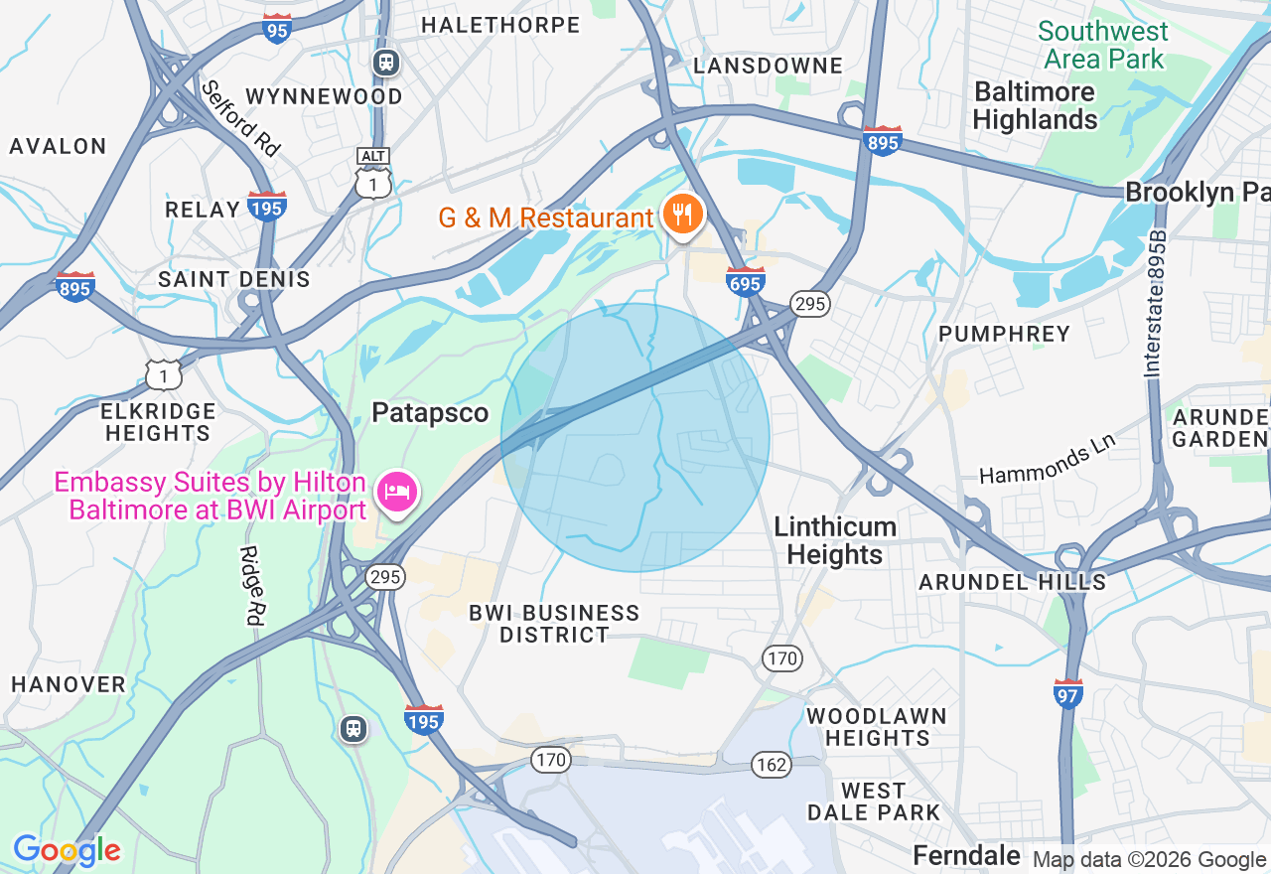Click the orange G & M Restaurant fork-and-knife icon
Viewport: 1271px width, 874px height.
(x=682, y=215)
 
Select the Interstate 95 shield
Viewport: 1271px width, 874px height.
(x=278, y=30)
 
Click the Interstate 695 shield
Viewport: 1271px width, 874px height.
(x=745, y=282)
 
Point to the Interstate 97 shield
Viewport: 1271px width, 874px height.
(x=1068, y=694)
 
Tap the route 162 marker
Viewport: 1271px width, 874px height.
(x=771, y=764)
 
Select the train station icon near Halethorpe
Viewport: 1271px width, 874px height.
(x=386, y=63)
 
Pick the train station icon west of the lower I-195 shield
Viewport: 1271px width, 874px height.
(x=353, y=729)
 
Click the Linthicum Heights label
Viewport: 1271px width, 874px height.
(x=835, y=540)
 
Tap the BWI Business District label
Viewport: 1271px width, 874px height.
(x=554, y=624)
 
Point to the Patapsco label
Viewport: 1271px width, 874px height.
(x=430, y=413)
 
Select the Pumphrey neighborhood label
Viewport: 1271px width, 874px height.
(x=1004, y=334)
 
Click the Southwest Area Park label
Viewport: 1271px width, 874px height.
(x=1103, y=45)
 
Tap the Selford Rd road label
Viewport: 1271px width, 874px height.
(x=240, y=118)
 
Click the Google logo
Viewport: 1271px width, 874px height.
(x=67, y=850)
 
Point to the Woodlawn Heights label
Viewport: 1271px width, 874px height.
(x=876, y=727)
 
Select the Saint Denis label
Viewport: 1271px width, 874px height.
(x=234, y=279)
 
